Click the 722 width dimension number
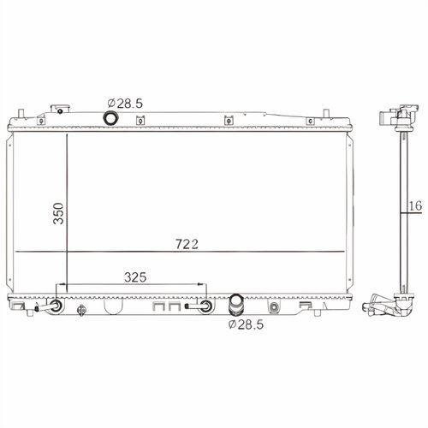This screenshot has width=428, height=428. coord(187,244)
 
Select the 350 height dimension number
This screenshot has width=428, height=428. coord(58,213)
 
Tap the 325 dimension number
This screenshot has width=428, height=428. coord(135,277)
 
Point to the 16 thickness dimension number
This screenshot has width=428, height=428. coord(415,205)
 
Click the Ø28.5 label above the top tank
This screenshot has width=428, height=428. coord(125,104)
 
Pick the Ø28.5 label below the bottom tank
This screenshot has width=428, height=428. coord(246,324)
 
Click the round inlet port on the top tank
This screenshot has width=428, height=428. coord(110,118)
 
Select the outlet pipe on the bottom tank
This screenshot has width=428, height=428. coord(235,305)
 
